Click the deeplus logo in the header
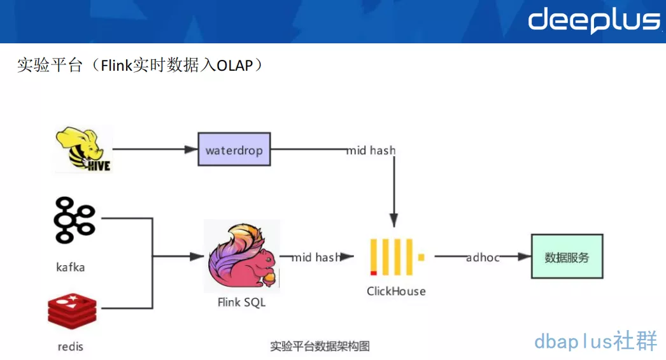click(593, 20)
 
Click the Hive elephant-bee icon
click(83, 150)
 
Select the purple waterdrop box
click(234, 150)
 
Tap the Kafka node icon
click(74, 221)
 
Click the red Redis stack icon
click(72, 312)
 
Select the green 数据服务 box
click(567, 257)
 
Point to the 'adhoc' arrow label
click(483, 257)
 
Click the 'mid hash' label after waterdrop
click(371, 150)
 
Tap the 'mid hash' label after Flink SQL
click(316, 257)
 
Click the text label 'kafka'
click(70, 267)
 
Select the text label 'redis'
click(70, 347)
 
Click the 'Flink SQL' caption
click(241, 302)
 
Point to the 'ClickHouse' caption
click(396, 291)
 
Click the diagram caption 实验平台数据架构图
click(320, 346)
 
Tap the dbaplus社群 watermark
click(595, 341)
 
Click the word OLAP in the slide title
click(235, 66)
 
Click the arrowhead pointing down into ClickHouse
click(394, 217)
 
